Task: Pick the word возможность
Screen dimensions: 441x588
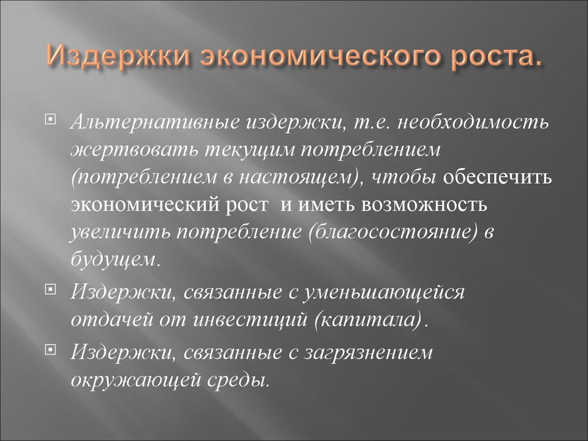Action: (421, 204)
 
